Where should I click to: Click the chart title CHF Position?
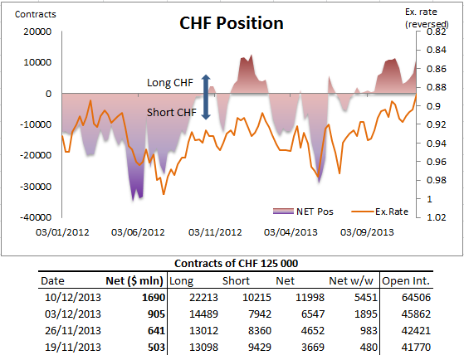[x=232, y=23]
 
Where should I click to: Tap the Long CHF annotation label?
[x=169, y=83]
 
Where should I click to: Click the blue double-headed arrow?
[x=206, y=97]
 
